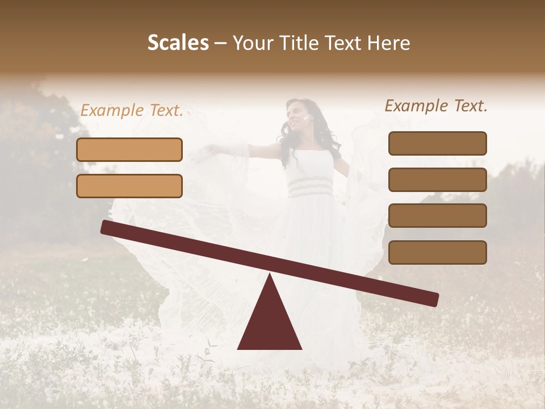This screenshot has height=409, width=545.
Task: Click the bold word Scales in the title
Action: [178, 43]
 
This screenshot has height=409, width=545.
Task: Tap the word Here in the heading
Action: [387, 43]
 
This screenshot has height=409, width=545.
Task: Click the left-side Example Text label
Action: [132, 111]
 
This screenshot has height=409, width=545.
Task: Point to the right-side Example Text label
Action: [436, 106]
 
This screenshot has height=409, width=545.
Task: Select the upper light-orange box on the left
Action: [129, 149]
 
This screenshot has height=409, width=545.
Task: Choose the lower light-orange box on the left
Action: [129, 186]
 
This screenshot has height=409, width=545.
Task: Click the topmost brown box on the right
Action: [437, 143]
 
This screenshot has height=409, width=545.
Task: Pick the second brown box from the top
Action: [437, 180]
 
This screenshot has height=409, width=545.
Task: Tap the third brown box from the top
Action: [437, 216]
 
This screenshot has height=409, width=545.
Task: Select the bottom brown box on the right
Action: [437, 252]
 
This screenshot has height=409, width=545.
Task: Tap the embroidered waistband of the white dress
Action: [310, 186]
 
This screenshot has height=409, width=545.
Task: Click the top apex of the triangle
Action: [270, 276]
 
